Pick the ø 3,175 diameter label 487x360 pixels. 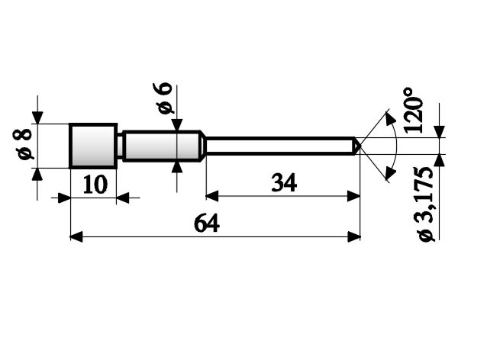(x=426, y=203)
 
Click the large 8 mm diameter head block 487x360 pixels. (x=93, y=145)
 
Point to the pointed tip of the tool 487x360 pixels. (x=357, y=145)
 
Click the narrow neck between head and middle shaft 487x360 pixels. (x=120, y=145)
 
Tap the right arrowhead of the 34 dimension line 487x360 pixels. (x=354, y=195)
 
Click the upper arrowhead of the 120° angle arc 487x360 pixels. (x=390, y=117)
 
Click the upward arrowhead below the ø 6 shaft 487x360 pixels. (x=177, y=166)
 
